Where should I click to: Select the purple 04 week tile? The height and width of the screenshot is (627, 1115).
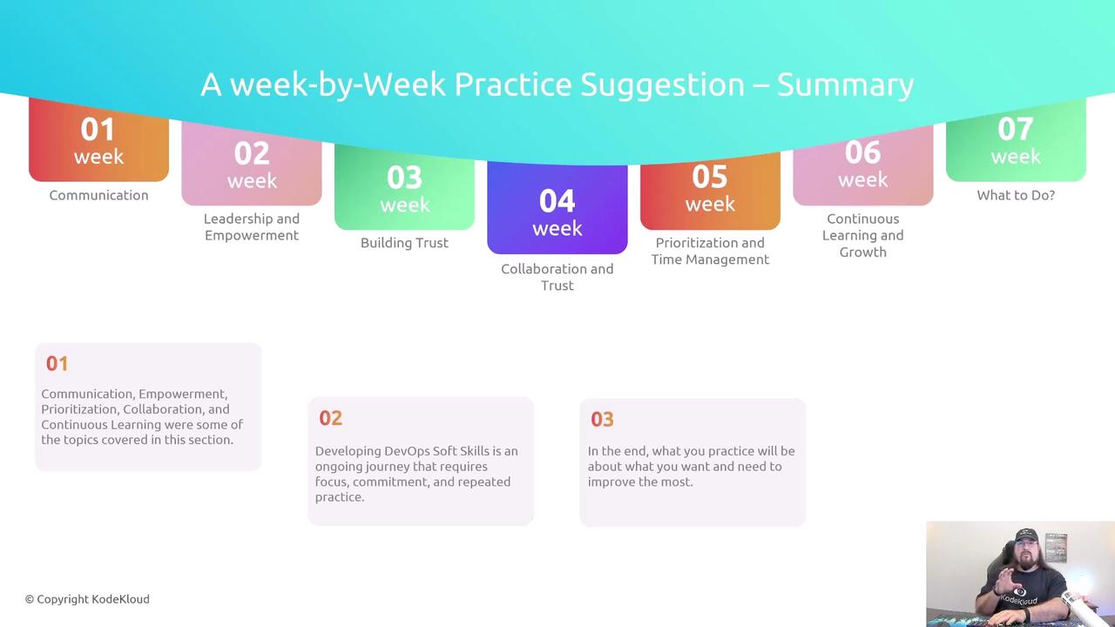557,208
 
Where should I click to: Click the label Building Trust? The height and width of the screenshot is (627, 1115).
404,243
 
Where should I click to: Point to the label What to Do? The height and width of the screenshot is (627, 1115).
1016,195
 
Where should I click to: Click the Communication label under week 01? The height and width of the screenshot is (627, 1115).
98,195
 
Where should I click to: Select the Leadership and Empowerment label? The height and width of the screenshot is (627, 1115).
252,227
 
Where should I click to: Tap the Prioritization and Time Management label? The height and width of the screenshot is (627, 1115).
710,251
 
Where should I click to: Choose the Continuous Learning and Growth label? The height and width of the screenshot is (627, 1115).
863,235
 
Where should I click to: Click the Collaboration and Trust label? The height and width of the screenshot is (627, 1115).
557,277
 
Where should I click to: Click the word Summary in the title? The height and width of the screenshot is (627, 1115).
845,85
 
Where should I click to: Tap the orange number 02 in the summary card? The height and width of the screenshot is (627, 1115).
330,418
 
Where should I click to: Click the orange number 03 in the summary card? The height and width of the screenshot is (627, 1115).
602,420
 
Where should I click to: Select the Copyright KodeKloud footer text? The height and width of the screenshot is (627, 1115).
87,599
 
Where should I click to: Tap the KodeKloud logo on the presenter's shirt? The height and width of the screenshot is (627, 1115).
1018,597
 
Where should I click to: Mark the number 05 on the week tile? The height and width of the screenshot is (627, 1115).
710,177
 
